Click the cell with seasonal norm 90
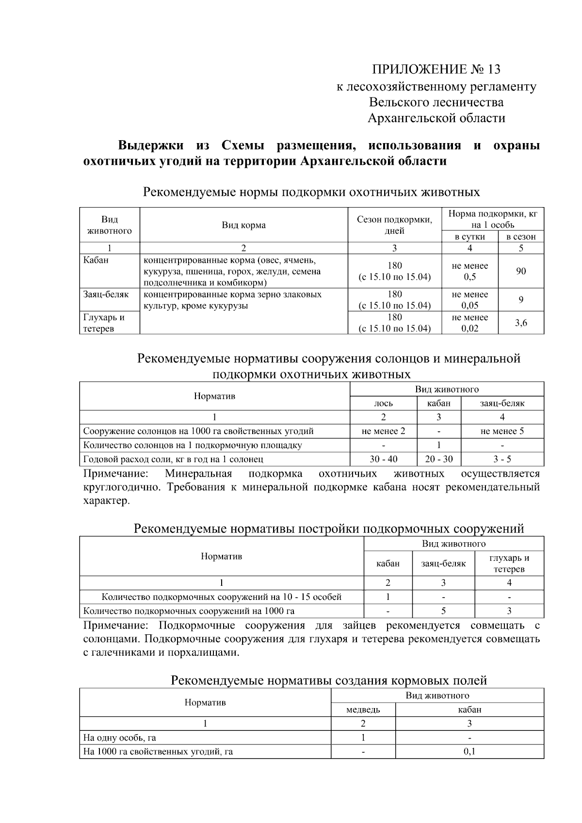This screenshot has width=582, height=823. [x=520, y=271]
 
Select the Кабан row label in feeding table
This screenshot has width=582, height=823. [x=96, y=260]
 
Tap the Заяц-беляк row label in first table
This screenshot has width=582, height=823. [x=106, y=294]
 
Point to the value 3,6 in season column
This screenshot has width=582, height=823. [x=520, y=323]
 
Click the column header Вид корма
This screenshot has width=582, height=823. [x=243, y=225]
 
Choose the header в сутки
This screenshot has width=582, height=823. [x=469, y=237]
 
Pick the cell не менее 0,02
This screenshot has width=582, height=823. [x=469, y=323]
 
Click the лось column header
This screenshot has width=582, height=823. [x=383, y=403]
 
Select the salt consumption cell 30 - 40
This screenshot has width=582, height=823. [x=383, y=459]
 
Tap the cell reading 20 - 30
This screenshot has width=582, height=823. [x=438, y=459]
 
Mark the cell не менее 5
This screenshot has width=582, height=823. [x=502, y=431]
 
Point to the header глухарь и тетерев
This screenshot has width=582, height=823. [x=509, y=564]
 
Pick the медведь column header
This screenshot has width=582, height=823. [x=363, y=710]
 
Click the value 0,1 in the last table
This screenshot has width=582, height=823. [x=469, y=752]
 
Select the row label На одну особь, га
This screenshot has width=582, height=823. [x=120, y=738]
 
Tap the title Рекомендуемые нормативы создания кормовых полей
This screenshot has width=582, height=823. [x=328, y=680]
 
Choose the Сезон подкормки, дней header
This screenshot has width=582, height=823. [x=394, y=225]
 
